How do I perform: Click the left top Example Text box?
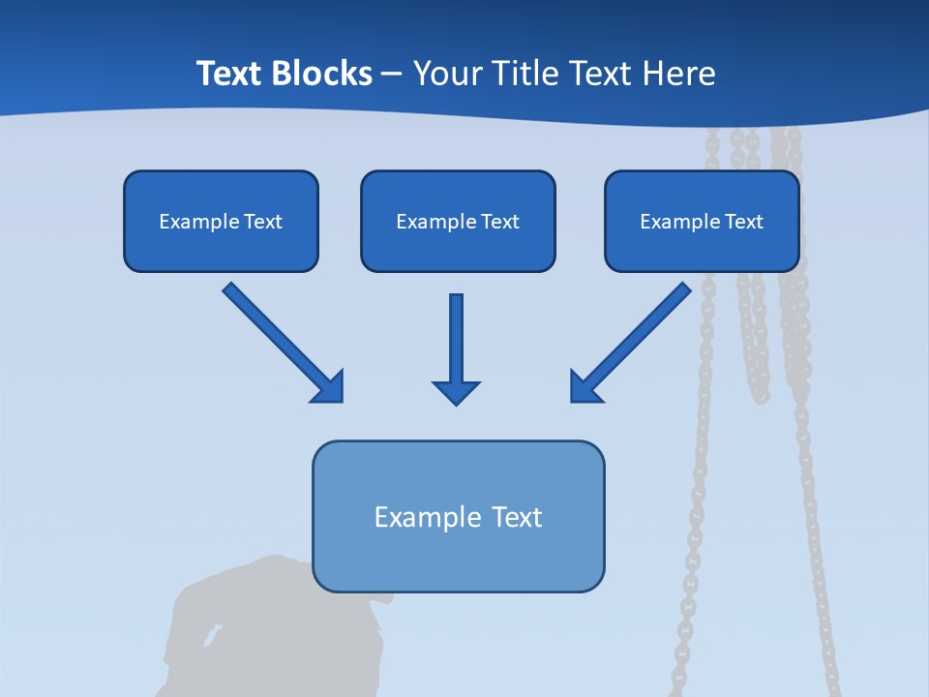[x=221, y=221]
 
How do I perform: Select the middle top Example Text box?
[x=458, y=221]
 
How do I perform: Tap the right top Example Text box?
[x=702, y=221]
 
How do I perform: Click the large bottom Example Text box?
[x=458, y=516]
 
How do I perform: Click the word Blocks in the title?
[x=321, y=74]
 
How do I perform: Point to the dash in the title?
[x=392, y=74]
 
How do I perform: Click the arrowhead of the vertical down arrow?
[x=456, y=392]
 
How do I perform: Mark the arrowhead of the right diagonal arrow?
[x=584, y=387]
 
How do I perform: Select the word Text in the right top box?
[x=743, y=221]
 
